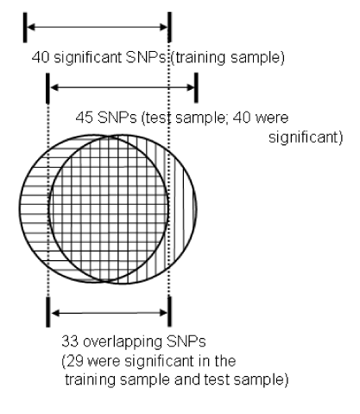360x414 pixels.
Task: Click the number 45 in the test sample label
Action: tap(85, 118)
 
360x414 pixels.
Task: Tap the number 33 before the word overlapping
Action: tap(70, 341)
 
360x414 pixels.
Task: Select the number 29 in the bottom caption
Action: tap(74, 361)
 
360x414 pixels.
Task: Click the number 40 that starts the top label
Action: tap(41, 57)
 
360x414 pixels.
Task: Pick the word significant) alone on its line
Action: tap(306, 137)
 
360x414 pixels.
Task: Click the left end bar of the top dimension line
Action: tap(25, 28)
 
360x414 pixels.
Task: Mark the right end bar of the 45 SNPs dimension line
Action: tap(196, 87)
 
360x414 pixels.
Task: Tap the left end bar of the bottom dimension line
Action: tap(48, 312)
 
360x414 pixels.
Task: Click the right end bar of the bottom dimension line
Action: tap(169, 312)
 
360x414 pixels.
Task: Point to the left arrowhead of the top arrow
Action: tap(31, 28)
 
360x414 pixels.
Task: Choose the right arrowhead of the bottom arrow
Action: tap(164, 313)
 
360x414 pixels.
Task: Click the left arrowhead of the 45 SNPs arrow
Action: tap(54, 87)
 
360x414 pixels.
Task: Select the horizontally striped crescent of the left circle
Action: tap(35, 209)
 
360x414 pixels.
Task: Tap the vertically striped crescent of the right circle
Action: tap(181, 209)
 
